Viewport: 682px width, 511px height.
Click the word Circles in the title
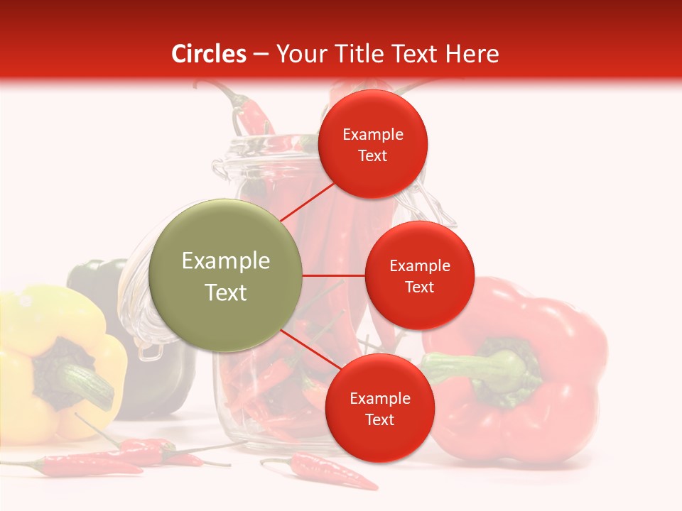[208, 54]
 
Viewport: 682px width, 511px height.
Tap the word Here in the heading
[472, 54]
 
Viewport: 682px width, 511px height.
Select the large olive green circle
[225, 275]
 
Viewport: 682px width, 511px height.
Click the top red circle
[373, 144]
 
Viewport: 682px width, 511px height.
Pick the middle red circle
[419, 275]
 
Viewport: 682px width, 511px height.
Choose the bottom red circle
[379, 408]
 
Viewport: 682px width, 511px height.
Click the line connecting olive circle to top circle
[308, 202]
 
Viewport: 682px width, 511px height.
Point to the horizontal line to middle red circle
[333, 275]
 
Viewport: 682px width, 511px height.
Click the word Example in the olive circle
[225, 260]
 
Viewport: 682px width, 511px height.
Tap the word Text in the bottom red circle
[379, 419]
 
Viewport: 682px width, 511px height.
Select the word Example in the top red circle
[373, 134]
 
